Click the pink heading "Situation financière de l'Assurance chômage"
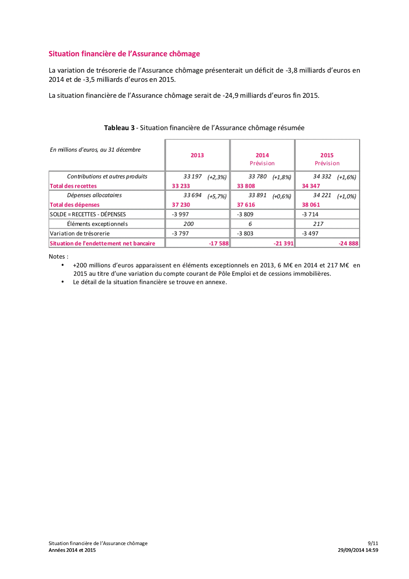tap(124, 54)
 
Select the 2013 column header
tap(197, 155)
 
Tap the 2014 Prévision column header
tap(262, 159)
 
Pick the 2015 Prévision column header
tap(327, 159)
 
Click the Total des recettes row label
tap(73, 186)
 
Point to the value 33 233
tap(181, 186)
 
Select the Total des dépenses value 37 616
tap(246, 205)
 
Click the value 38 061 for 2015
tap(311, 205)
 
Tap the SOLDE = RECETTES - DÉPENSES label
tap(88, 214)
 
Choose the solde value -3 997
tap(181, 214)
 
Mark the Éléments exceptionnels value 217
tap(318, 224)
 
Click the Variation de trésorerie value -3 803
tap(245, 234)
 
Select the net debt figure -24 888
tap(348, 244)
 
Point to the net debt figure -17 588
tap(219, 244)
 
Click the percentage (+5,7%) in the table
tap(217, 196)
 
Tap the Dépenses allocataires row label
tap(94, 195)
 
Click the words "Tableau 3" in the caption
tap(119, 128)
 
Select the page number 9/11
tap(373, 543)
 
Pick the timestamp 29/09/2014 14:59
tap(358, 550)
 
